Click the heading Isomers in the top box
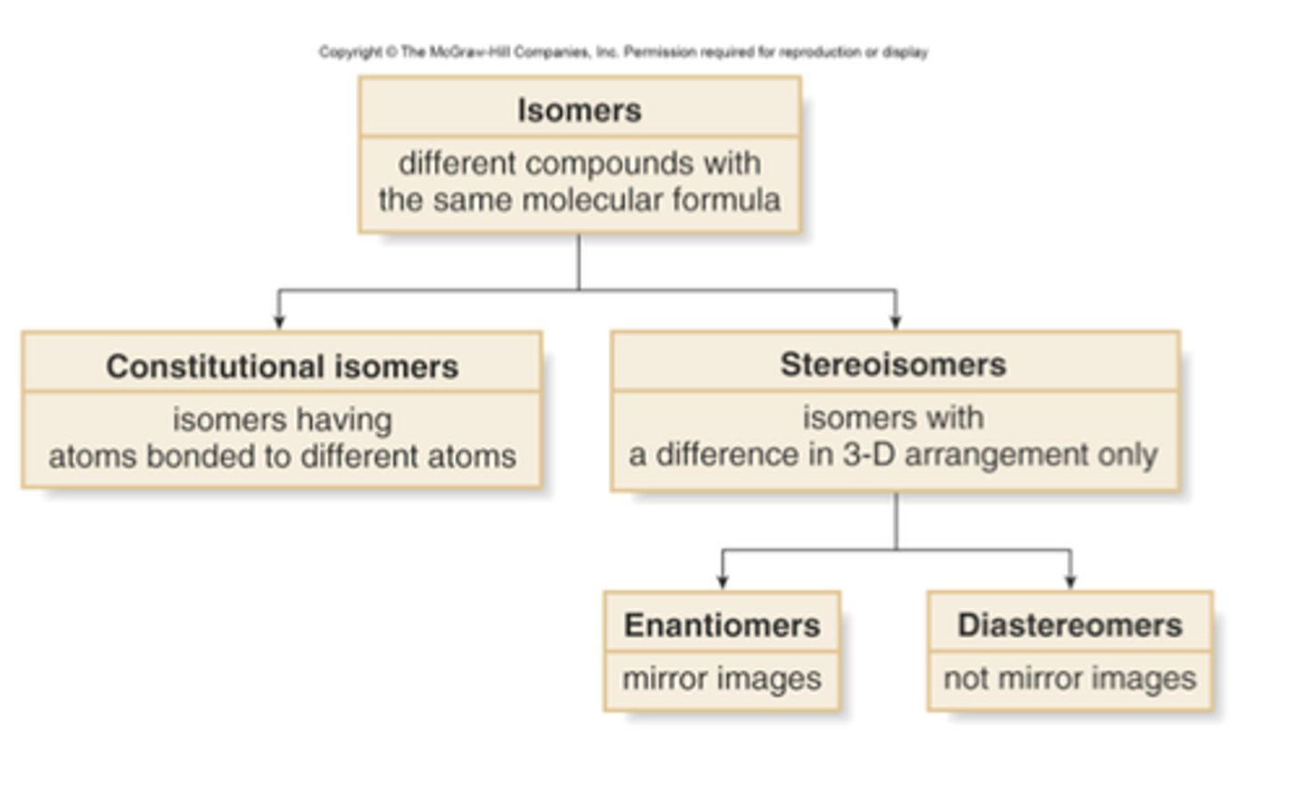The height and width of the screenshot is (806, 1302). (x=579, y=110)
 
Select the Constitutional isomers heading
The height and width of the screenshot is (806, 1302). (x=281, y=366)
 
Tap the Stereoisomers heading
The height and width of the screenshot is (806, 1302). (x=892, y=364)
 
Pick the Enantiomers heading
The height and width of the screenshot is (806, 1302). (x=722, y=624)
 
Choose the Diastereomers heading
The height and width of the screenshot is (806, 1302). (x=1069, y=624)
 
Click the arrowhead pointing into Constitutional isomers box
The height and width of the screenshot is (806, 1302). (x=279, y=321)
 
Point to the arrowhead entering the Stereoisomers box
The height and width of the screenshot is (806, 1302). (x=895, y=321)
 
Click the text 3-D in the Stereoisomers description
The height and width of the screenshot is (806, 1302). (x=869, y=455)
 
